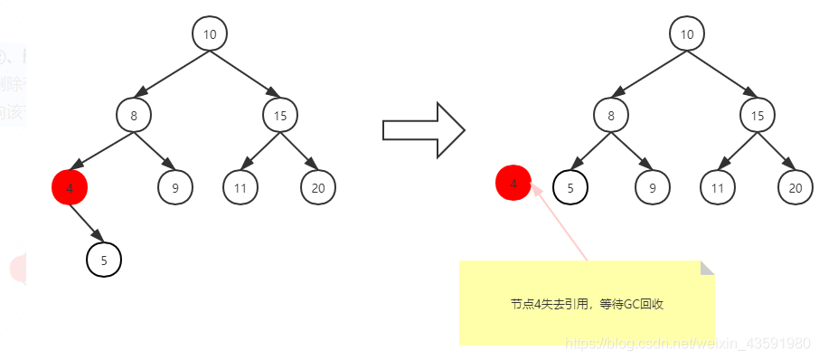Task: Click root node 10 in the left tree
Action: [x=209, y=34]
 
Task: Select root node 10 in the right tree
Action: [x=687, y=34]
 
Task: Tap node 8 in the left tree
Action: [x=134, y=115]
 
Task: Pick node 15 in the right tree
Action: [x=758, y=115]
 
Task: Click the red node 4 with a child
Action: [x=70, y=188]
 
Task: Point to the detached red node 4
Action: [x=513, y=184]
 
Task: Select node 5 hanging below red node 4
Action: [x=104, y=261]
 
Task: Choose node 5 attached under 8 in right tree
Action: [x=570, y=188]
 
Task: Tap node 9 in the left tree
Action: [x=174, y=188]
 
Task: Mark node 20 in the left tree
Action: [x=318, y=188]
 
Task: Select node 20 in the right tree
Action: [x=795, y=188]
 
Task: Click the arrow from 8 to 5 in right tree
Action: [x=589, y=150]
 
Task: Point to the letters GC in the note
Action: [x=627, y=305]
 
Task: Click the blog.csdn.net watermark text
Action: [x=686, y=344]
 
